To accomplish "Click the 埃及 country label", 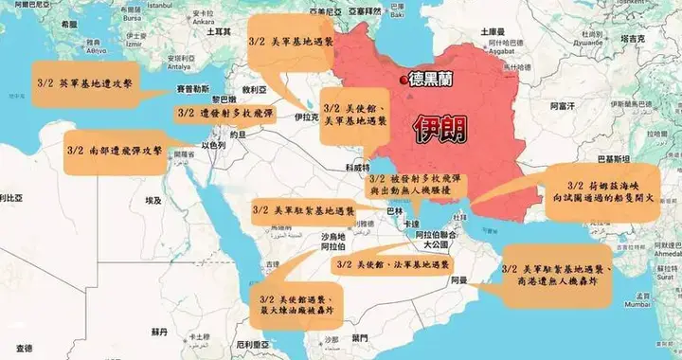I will (153, 201).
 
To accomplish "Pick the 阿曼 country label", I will (458, 279).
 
